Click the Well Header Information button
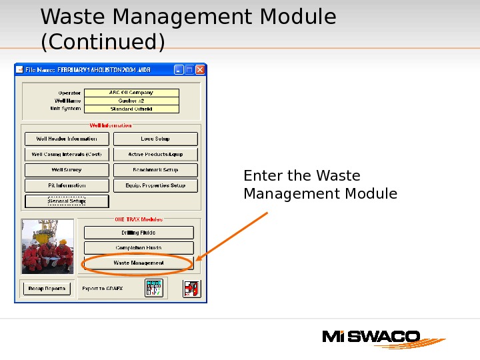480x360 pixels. pyautogui.click(x=66, y=139)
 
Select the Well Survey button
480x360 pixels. pyautogui.click(x=66, y=170)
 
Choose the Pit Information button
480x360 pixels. pyautogui.click(x=66, y=185)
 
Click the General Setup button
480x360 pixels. pyautogui.click(x=66, y=201)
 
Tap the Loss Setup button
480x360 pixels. pyautogui.click(x=155, y=139)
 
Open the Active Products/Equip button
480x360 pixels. pyautogui.click(x=155, y=155)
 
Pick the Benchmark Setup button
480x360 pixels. pyautogui.click(x=155, y=170)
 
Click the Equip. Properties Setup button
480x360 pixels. pyautogui.click(x=155, y=185)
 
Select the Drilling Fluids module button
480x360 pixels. pyautogui.click(x=139, y=233)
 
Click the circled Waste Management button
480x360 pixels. pyautogui.click(x=139, y=263)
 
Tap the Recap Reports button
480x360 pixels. pyautogui.click(x=46, y=289)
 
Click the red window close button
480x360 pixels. pyautogui.click(x=200, y=69)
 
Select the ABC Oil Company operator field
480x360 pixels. pyautogui.click(x=131, y=93)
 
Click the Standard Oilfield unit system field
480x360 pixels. pyautogui.click(x=131, y=109)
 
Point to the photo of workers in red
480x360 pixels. pyautogui.click(x=47, y=247)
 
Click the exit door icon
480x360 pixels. pyautogui.click(x=191, y=289)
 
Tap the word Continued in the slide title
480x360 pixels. pyautogui.click(x=103, y=42)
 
